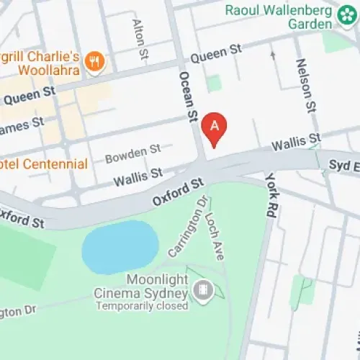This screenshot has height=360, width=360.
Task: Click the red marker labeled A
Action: click(x=214, y=127)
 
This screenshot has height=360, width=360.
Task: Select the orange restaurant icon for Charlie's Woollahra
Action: click(x=94, y=63)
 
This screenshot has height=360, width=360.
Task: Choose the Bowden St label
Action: click(x=132, y=152)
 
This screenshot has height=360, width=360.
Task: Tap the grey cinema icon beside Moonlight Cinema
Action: click(x=203, y=291)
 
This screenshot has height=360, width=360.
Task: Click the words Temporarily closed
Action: click(x=140, y=305)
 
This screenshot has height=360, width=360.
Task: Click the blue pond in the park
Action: click(x=120, y=246)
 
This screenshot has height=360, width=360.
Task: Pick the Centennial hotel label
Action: click(x=45, y=163)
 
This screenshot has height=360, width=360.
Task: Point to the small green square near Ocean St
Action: click(x=213, y=83)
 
